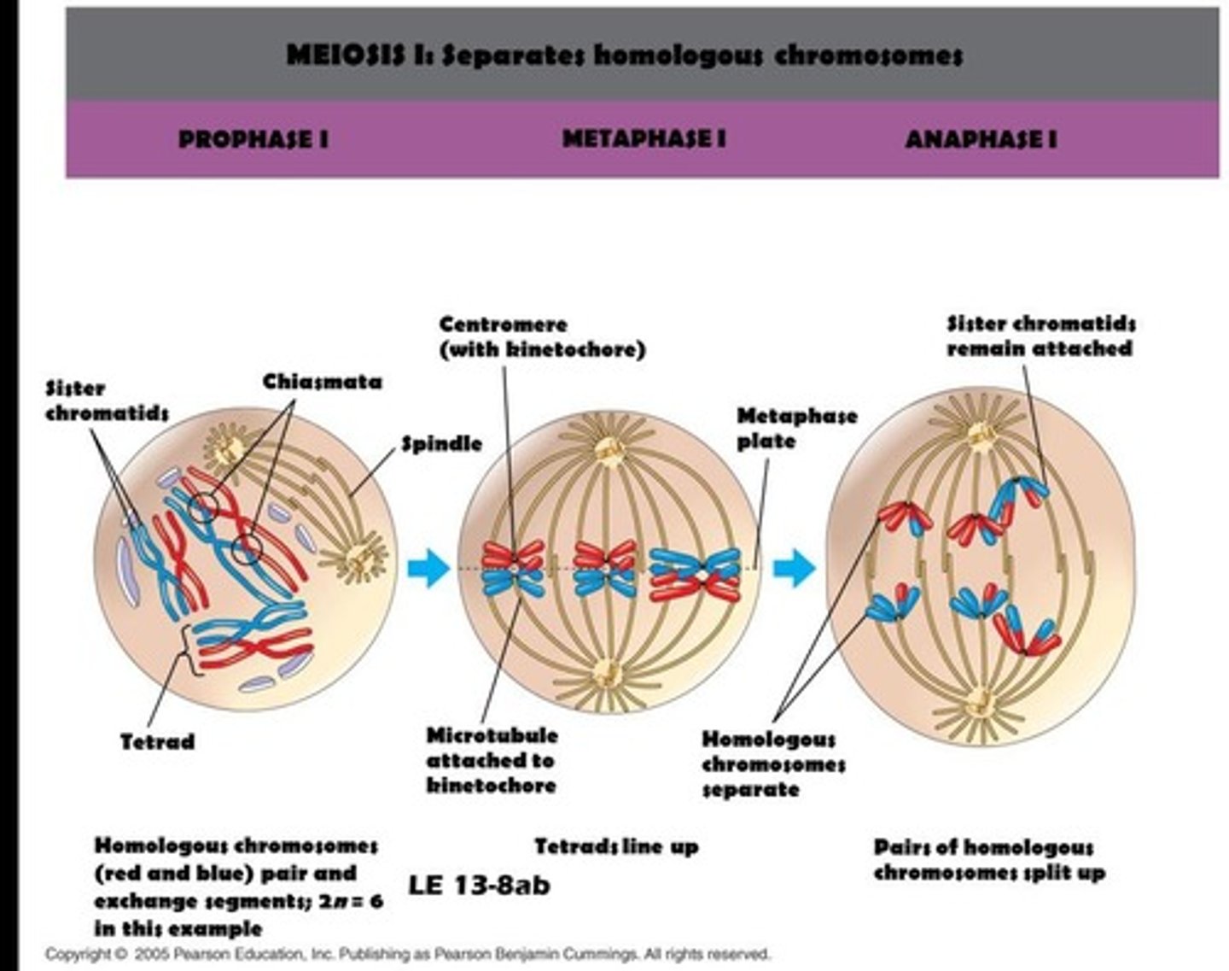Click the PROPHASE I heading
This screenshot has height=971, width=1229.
[x=253, y=139]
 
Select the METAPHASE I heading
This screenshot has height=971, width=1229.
[x=644, y=138]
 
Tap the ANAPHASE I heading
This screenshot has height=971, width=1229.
[x=981, y=139]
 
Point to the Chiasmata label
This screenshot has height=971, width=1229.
[x=322, y=382]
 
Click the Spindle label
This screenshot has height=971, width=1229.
[x=441, y=444]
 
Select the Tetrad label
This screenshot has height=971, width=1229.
[x=157, y=741]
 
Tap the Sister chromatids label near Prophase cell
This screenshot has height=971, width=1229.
[x=107, y=401]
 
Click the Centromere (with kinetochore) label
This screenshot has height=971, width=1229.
[x=542, y=336]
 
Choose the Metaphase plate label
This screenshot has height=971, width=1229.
[x=796, y=429]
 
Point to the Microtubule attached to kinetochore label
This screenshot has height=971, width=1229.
[x=492, y=760]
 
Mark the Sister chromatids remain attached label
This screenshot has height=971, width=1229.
[x=1040, y=336]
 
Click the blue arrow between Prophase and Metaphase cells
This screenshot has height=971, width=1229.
[x=428, y=568]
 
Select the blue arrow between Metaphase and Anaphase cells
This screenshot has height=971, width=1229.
[x=793, y=568]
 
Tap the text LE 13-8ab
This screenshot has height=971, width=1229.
[x=479, y=885]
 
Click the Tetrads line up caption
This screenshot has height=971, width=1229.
[x=616, y=846]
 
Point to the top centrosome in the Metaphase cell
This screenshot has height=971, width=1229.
[x=608, y=450]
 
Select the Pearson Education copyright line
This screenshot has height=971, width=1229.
[x=408, y=954]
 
